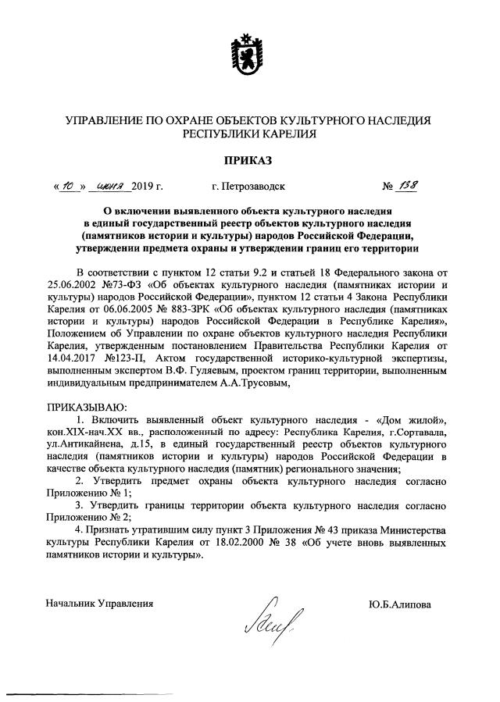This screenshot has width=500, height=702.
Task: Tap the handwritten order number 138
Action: point(408,187)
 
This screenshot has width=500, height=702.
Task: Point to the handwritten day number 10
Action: point(68,187)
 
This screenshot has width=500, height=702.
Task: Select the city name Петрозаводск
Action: point(248,187)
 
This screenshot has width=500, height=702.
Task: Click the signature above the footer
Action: point(259,618)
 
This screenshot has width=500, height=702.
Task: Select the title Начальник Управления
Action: point(99,604)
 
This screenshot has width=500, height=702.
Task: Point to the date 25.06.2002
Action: point(73,283)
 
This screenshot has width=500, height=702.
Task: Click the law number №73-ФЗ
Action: point(131,283)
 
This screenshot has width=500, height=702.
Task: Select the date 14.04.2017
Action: point(73,358)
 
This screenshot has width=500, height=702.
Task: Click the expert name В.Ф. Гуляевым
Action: point(242,371)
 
